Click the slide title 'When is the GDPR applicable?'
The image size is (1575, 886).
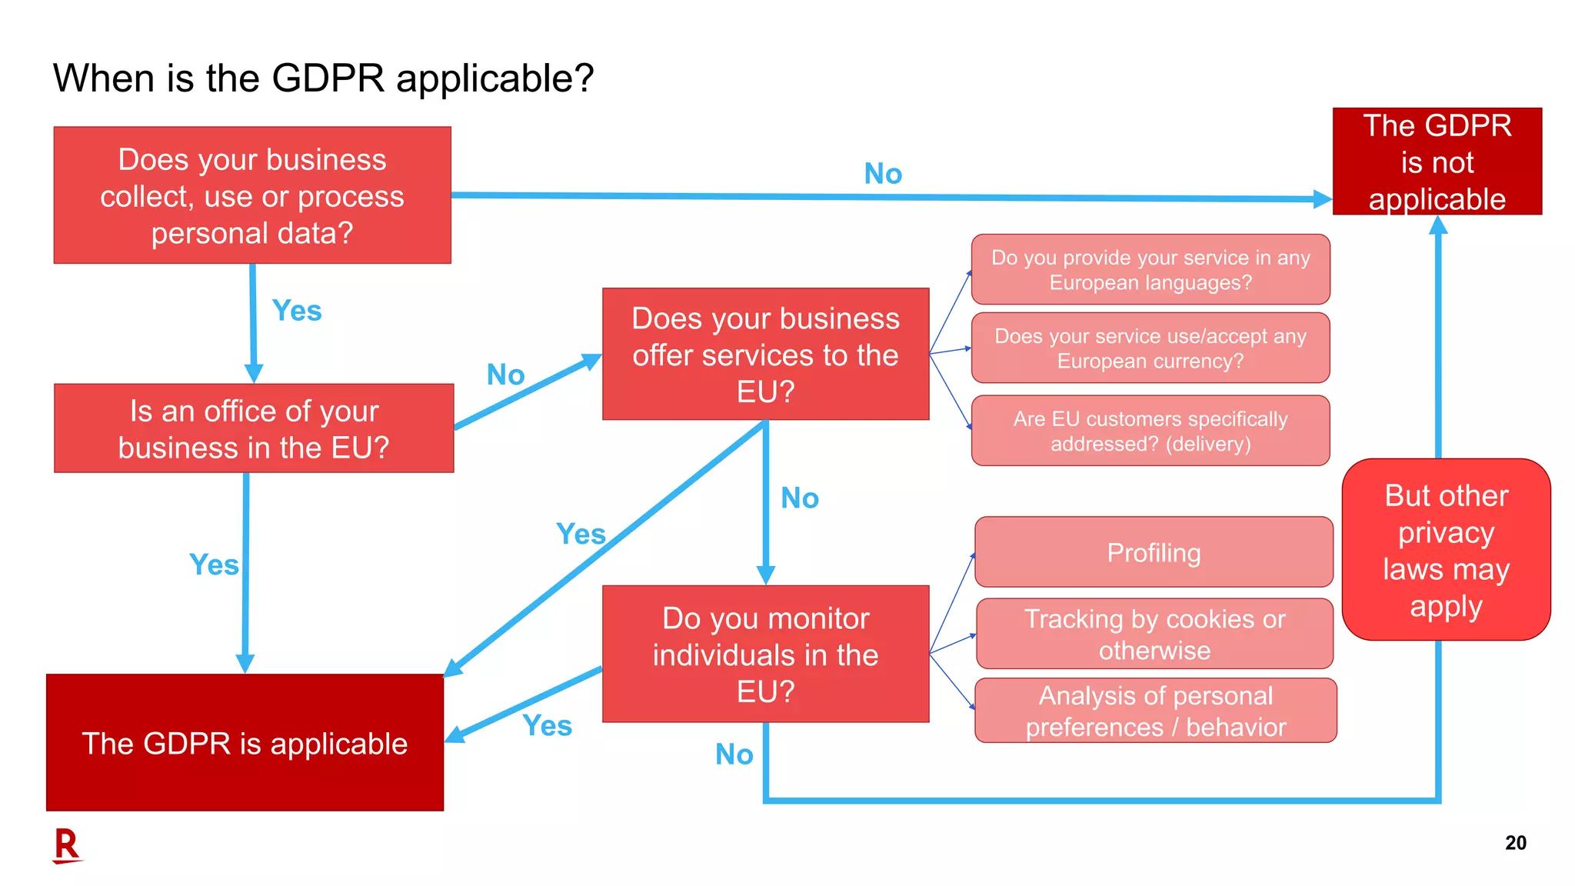323,78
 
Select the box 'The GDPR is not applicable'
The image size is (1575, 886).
1437,162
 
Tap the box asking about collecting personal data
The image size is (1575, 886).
252,195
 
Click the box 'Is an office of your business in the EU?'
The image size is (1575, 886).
254,428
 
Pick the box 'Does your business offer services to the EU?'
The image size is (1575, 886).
765,355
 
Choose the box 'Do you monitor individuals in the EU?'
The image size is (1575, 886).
765,655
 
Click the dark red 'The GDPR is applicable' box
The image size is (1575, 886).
245,743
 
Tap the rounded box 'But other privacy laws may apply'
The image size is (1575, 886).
1446,550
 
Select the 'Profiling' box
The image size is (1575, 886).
1154,552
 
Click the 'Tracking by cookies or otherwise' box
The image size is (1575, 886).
1154,634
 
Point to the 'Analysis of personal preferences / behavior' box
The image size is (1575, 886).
1155,711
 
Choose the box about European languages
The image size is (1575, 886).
1150,270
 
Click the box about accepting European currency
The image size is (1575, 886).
1150,348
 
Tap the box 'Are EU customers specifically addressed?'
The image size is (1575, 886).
1150,431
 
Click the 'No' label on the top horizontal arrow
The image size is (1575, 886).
883,174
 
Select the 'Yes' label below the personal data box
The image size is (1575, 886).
297,311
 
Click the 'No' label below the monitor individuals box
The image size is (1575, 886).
734,754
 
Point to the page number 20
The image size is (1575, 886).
1515,843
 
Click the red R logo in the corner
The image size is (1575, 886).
67,846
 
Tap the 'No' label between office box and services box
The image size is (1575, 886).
505,375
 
